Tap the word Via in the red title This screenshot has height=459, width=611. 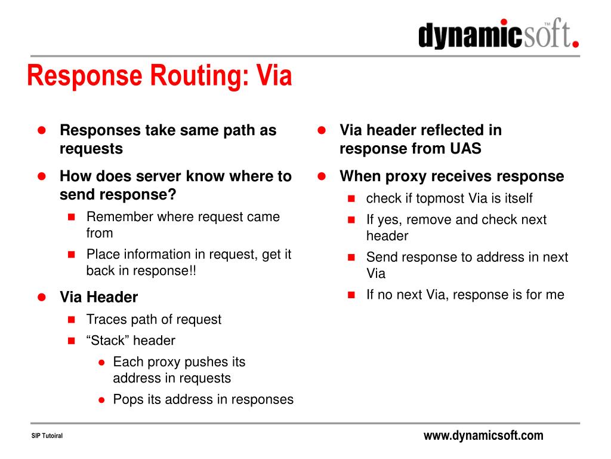tap(274, 76)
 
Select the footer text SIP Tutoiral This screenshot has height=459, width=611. tap(47, 436)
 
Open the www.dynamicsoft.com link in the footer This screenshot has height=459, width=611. tap(483, 436)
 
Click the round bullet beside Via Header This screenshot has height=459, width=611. tap(42, 297)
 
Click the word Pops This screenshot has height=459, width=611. tap(128, 399)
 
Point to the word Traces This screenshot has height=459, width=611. tap(105, 319)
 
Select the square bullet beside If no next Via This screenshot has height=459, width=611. tap(351, 295)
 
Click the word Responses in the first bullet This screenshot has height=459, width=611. tap(100, 130)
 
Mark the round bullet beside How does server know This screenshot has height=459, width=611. tap(42, 176)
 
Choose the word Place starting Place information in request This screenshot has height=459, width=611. tap(103, 254)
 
